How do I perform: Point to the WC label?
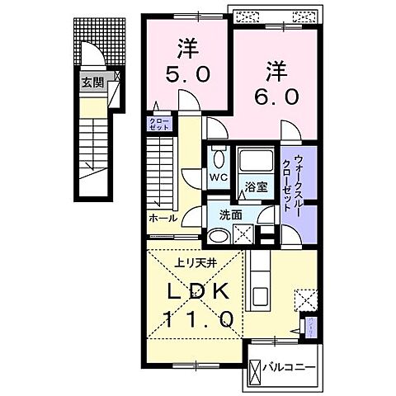click(x=219, y=177)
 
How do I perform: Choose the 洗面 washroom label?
click(x=229, y=214)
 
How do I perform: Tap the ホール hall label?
click(x=163, y=219)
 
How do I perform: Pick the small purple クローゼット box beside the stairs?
click(x=158, y=125)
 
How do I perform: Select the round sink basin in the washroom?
click(x=218, y=237)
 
